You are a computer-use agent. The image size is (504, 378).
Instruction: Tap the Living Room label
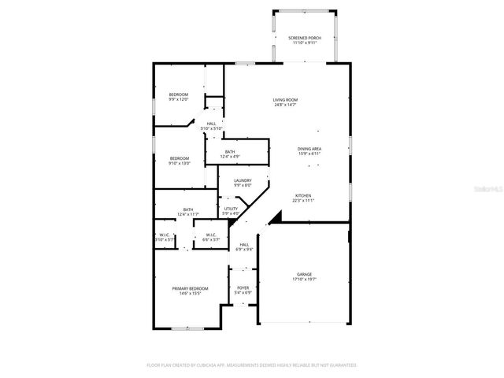coord(285,99)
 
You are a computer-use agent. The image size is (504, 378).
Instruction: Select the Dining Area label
coord(309,149)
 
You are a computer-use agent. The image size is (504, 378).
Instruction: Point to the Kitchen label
coord(304,195)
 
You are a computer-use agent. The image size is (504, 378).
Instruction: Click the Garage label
coord(303,273)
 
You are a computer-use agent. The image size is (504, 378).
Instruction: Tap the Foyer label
coord(243,287)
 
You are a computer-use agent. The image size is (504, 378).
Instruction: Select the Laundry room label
coord(243,180)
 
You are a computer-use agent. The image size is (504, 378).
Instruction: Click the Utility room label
coord(231,209)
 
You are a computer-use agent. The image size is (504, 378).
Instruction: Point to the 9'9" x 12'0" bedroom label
coord(179,94)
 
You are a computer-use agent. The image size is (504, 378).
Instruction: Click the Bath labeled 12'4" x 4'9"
coord(230,152)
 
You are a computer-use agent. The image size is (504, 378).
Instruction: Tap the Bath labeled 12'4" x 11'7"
coord(188,209)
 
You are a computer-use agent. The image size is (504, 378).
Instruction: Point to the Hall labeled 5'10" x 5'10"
coord(211,124)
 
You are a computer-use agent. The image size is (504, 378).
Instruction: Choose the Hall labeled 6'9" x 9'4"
coord(244,245)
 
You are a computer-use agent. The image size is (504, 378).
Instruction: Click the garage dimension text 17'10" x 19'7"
coord(303,278)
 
